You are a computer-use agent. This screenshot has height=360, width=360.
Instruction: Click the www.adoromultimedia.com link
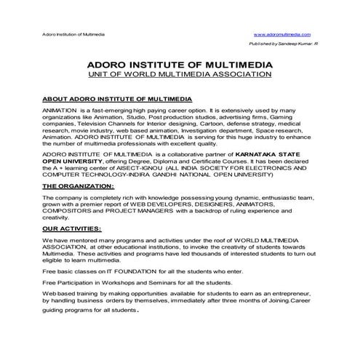283,35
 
